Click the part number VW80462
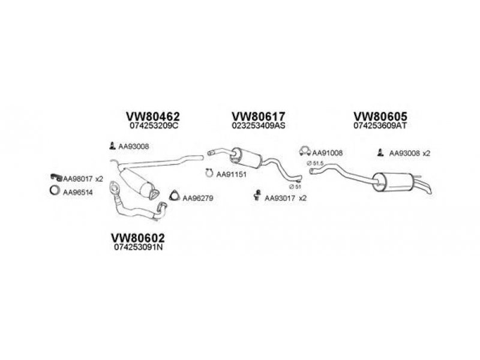[x=153, y=116]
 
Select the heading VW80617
[x=259, y=116]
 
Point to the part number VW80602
[x=137, y=238]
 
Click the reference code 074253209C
[x=154, y=127]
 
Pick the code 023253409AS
[x=258, y=127]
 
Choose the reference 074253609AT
[x=380, y=127]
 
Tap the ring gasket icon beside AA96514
[x=54, y=191]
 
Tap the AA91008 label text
[x=328, y=153]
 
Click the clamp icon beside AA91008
[x=305, y=152]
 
